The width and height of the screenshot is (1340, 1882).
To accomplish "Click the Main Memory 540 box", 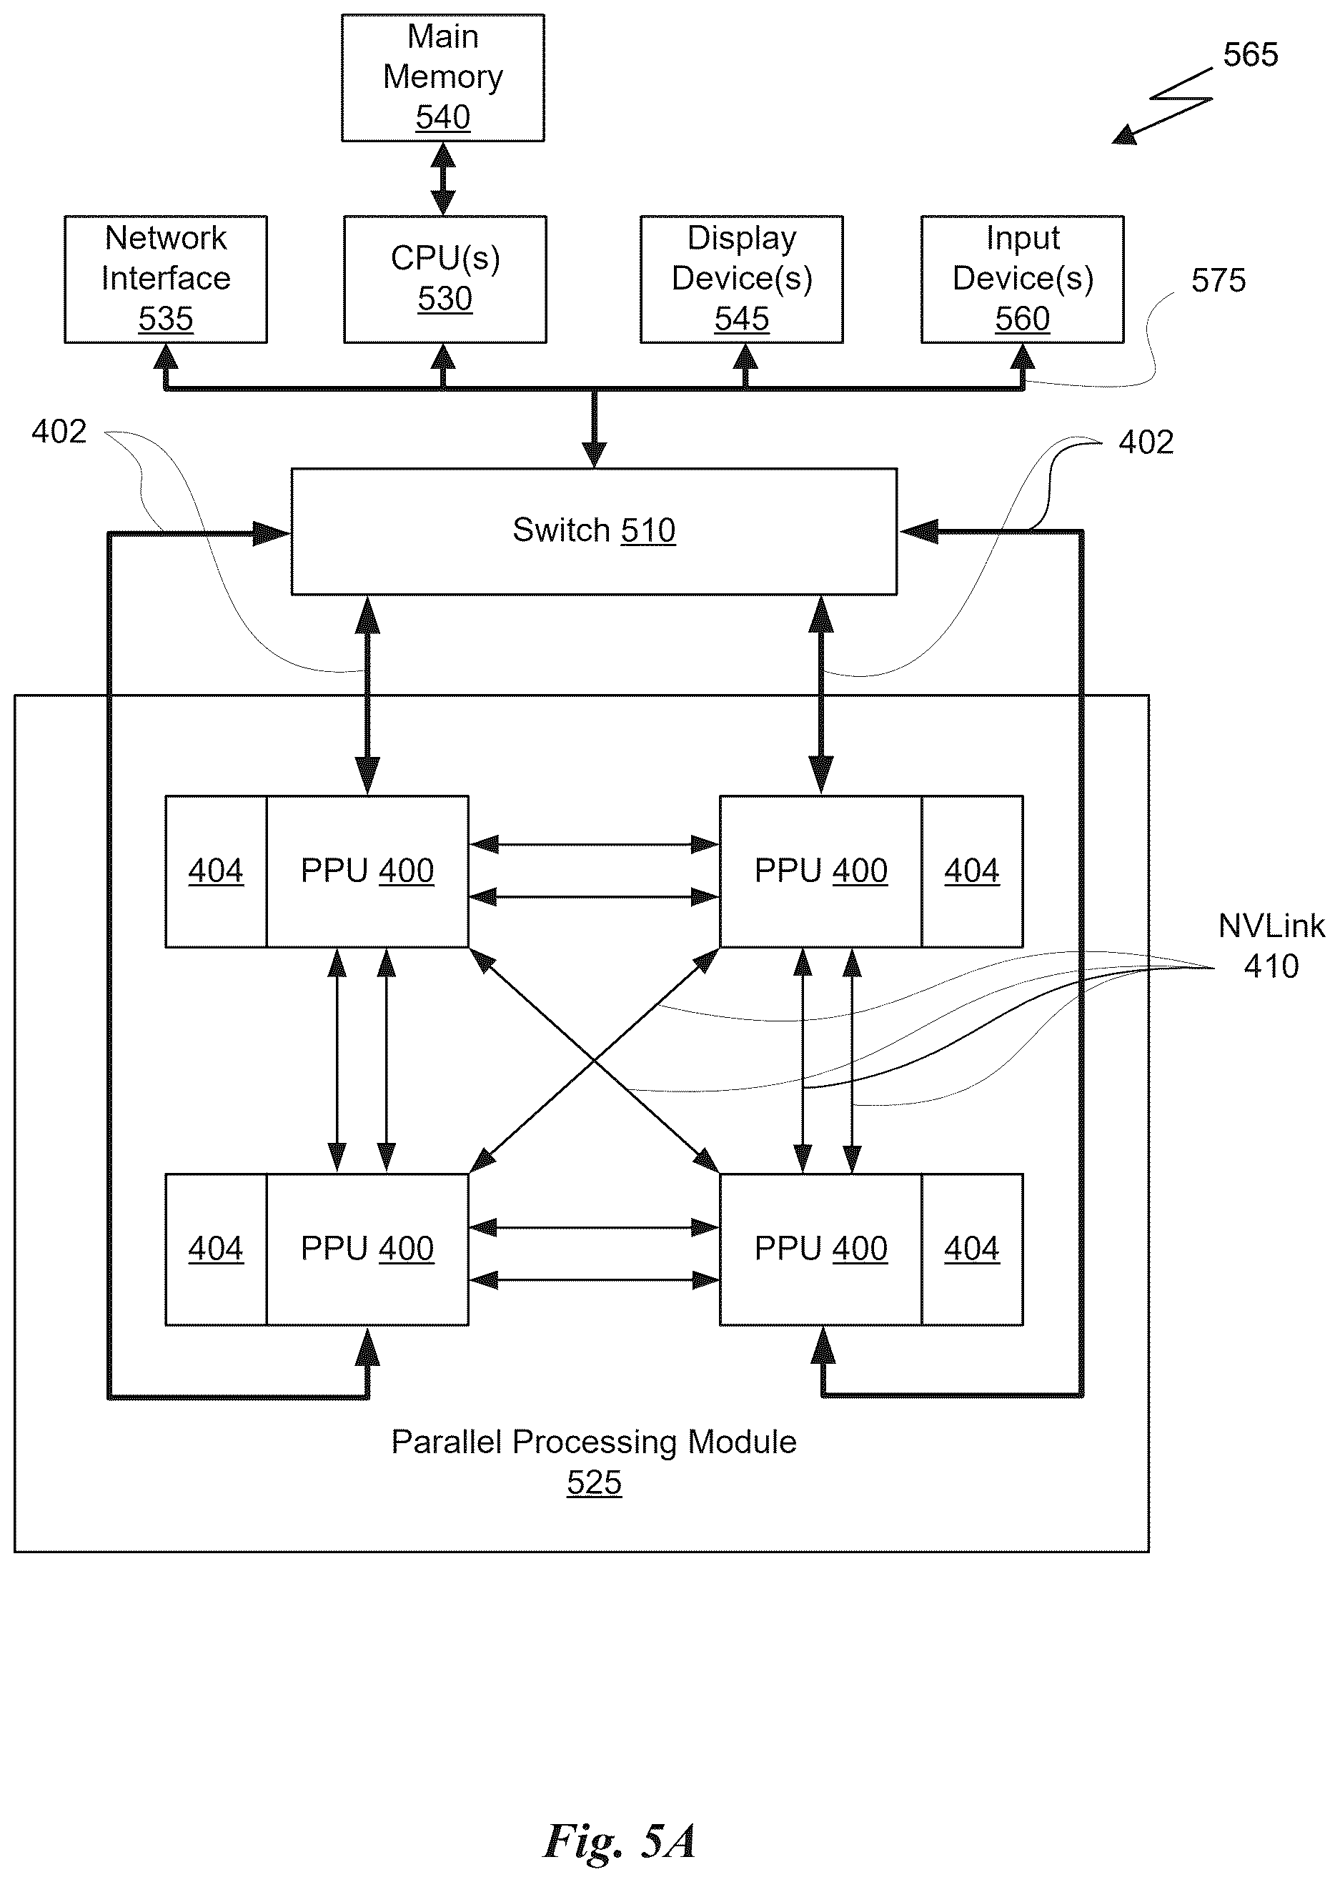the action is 443,78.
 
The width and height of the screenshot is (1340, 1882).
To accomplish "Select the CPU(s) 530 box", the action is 445,279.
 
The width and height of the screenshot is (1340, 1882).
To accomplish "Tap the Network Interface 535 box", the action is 166,279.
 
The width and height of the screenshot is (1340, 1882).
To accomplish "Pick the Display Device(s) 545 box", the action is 742,279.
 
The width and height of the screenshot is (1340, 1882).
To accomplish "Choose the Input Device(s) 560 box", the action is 1022,279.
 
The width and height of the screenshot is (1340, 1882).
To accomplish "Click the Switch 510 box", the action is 594,531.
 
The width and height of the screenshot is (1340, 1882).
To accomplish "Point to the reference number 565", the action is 1250,55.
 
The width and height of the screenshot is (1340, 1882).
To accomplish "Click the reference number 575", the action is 1218,280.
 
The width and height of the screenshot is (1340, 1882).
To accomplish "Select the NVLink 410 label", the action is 1271,946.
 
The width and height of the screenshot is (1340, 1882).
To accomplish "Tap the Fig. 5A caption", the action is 619,1841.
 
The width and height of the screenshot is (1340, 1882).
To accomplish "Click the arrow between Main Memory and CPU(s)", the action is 443,179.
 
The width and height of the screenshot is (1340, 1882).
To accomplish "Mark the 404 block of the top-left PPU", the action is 216,871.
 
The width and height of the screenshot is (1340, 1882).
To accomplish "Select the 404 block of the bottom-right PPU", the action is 972,1249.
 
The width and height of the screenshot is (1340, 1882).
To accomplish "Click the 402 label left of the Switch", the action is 59,432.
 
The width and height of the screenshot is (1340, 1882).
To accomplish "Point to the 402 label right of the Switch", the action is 1146,442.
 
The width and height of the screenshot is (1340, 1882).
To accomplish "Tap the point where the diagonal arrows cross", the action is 594,1060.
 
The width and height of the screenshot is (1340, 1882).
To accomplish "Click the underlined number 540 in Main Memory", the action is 443,117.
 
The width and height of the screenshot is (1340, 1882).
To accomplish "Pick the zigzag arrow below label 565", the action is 1162,106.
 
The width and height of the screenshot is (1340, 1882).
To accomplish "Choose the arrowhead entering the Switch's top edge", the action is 594,455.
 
